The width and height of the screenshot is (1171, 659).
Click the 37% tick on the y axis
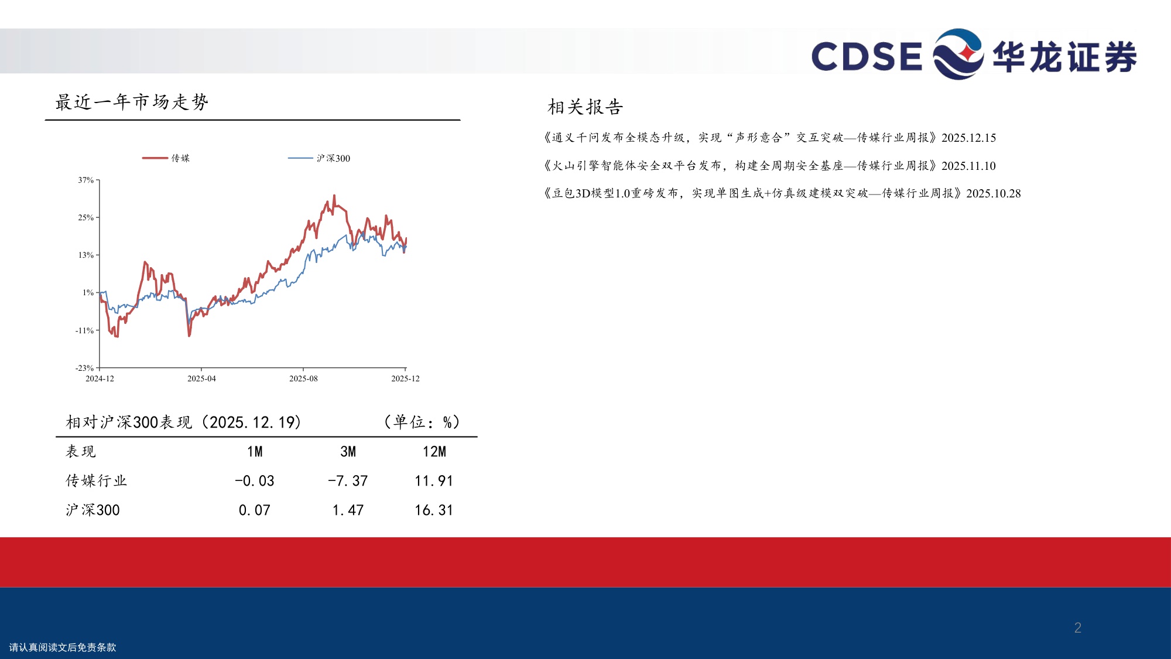click(86, 180)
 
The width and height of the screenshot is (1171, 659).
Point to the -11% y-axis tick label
click(84, 330)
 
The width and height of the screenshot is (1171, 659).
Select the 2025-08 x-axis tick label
click(303, 378)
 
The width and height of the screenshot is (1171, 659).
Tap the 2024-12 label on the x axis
click(100, 378)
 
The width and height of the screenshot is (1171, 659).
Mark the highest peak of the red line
click(334, 196)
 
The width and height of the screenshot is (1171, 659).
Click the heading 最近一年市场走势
click(132, 102)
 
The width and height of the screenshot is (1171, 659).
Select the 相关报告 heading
click(585, 107)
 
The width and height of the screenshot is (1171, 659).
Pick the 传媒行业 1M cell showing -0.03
click(255, 481)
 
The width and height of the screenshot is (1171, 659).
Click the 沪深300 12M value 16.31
click(434, 510)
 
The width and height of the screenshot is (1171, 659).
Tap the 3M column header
click(348, 452)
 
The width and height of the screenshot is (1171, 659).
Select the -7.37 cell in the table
click(348, 481)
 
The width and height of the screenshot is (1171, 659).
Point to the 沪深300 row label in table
click(93, 510)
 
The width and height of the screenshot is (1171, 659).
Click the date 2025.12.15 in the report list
click(968, 138)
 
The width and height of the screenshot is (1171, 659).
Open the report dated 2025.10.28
click(782, 193)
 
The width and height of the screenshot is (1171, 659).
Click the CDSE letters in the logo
click(867, 56)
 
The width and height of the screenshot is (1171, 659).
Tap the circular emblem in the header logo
click(958, 54)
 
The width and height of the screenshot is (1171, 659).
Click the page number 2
click(1077, 627)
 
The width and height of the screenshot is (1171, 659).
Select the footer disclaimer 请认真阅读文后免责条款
click(63, 647)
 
